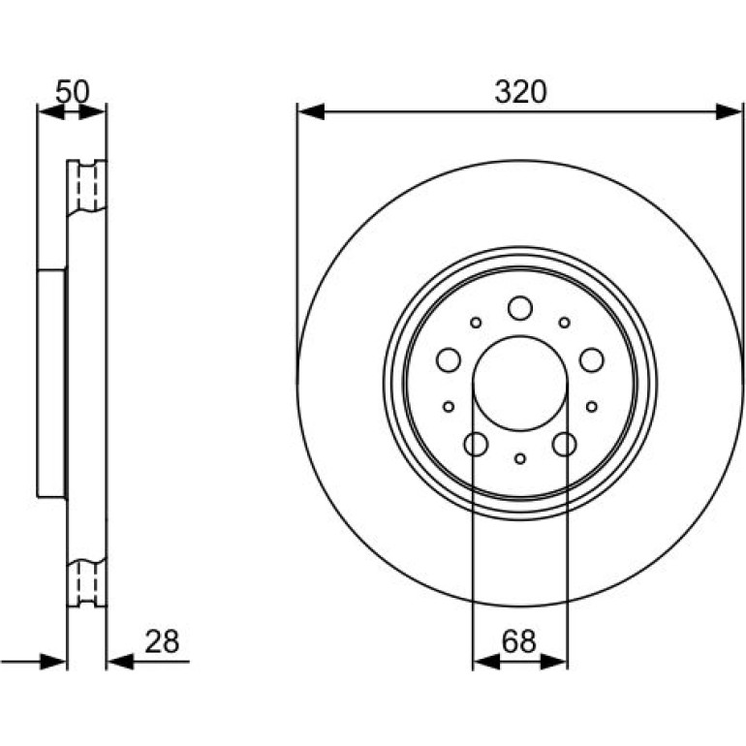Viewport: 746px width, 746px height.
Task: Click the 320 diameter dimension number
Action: pos(520,92)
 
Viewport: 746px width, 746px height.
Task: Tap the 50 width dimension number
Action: pos(73,91)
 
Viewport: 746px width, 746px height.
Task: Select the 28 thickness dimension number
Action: pos(162,641)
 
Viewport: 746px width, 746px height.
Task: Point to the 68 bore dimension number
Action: pos(519,641)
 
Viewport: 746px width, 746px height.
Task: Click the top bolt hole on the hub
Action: pos(520,308)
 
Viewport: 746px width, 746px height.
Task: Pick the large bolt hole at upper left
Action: pos(449,359)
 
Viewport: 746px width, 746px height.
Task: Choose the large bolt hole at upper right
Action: pos(592,359)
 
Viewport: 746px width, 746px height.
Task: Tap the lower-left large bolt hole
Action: pos(476,445)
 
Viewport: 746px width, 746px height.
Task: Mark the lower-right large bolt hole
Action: pos(564,445)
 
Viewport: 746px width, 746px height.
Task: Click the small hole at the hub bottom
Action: pos(520,458)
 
